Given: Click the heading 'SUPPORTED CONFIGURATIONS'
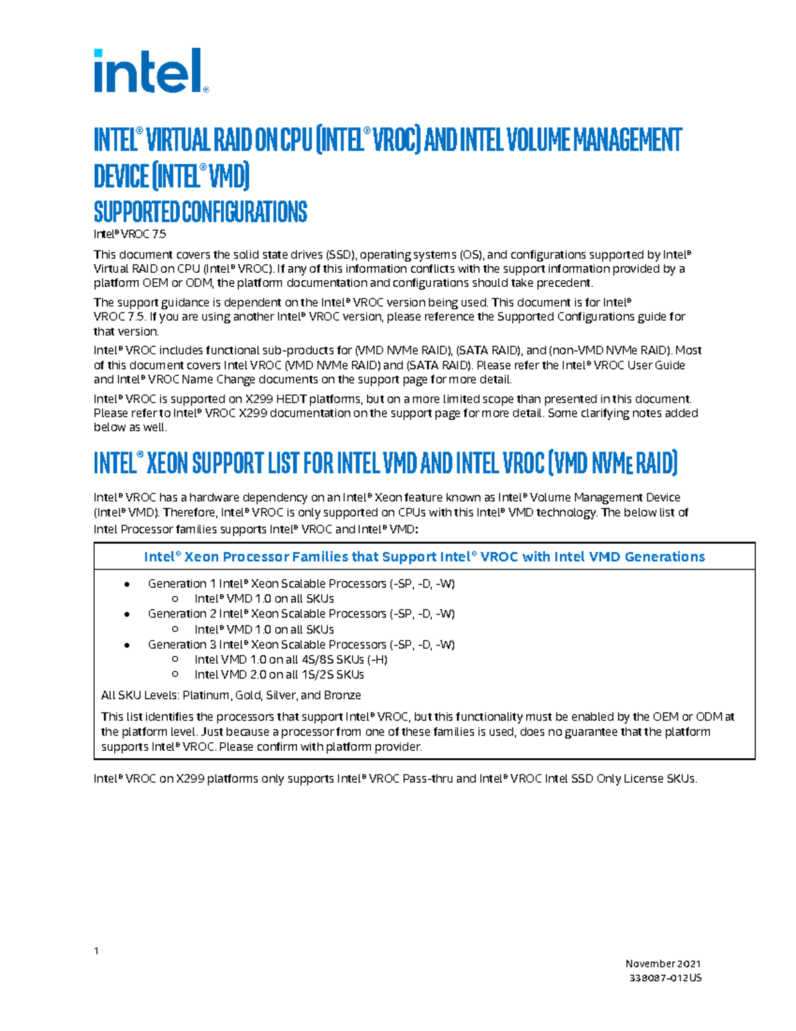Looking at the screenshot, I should coord(200,212).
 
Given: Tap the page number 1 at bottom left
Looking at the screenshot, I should coord(97,951).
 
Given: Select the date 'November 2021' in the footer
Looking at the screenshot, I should coord(663,963).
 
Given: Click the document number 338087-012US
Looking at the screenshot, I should coord(665,978).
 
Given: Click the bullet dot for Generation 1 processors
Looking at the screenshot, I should coord(127,584).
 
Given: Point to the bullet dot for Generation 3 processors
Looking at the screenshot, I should coord(127,645).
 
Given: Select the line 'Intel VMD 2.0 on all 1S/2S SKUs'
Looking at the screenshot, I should coord(279,674).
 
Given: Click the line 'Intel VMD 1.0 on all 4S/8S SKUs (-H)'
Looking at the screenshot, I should coord(291,660).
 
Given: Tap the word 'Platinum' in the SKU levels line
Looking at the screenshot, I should coord(207,695).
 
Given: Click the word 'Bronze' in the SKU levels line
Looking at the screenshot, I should coord(342,695).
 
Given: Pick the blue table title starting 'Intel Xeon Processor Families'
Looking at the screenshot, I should coord(425,557).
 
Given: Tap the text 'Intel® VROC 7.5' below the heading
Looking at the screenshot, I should coord(130,234).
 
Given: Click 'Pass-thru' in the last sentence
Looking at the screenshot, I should coord(427,779).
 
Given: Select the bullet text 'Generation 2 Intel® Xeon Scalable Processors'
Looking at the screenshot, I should coord(267,614).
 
